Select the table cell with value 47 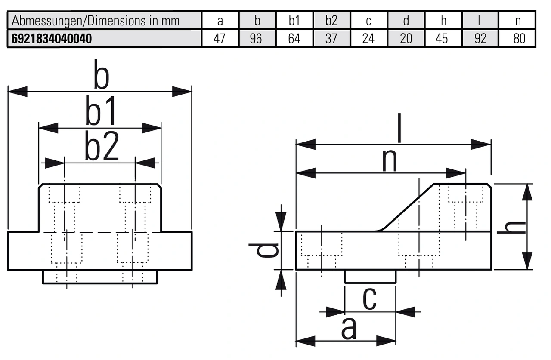220,39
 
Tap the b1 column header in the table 294,21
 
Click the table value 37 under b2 331,39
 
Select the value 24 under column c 368,39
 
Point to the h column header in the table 443,21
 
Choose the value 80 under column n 519,39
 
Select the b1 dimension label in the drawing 101,113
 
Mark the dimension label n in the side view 390,161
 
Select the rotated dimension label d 264,250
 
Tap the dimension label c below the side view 370,299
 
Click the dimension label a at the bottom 349,329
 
